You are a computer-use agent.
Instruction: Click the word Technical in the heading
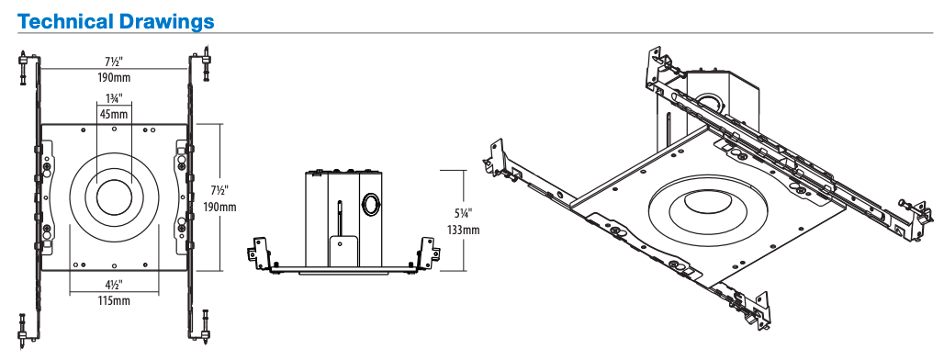click(x=65, y=22)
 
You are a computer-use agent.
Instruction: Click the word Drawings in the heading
click(x=166, y=22)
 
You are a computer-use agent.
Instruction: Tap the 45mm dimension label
click(x=114, y=114)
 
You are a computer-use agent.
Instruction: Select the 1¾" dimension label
click(x=114, y=98)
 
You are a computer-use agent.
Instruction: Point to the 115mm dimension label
click(x=114, y=300)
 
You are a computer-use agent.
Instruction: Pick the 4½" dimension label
click(x=114, y=284)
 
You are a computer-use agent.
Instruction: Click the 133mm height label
click(x=464, y=230)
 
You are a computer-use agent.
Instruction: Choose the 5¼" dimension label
click(x=464, y=213)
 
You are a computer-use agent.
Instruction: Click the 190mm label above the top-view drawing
click(x=114, y=77)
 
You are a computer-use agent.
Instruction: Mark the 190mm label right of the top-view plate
click(x=219, y=207)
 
